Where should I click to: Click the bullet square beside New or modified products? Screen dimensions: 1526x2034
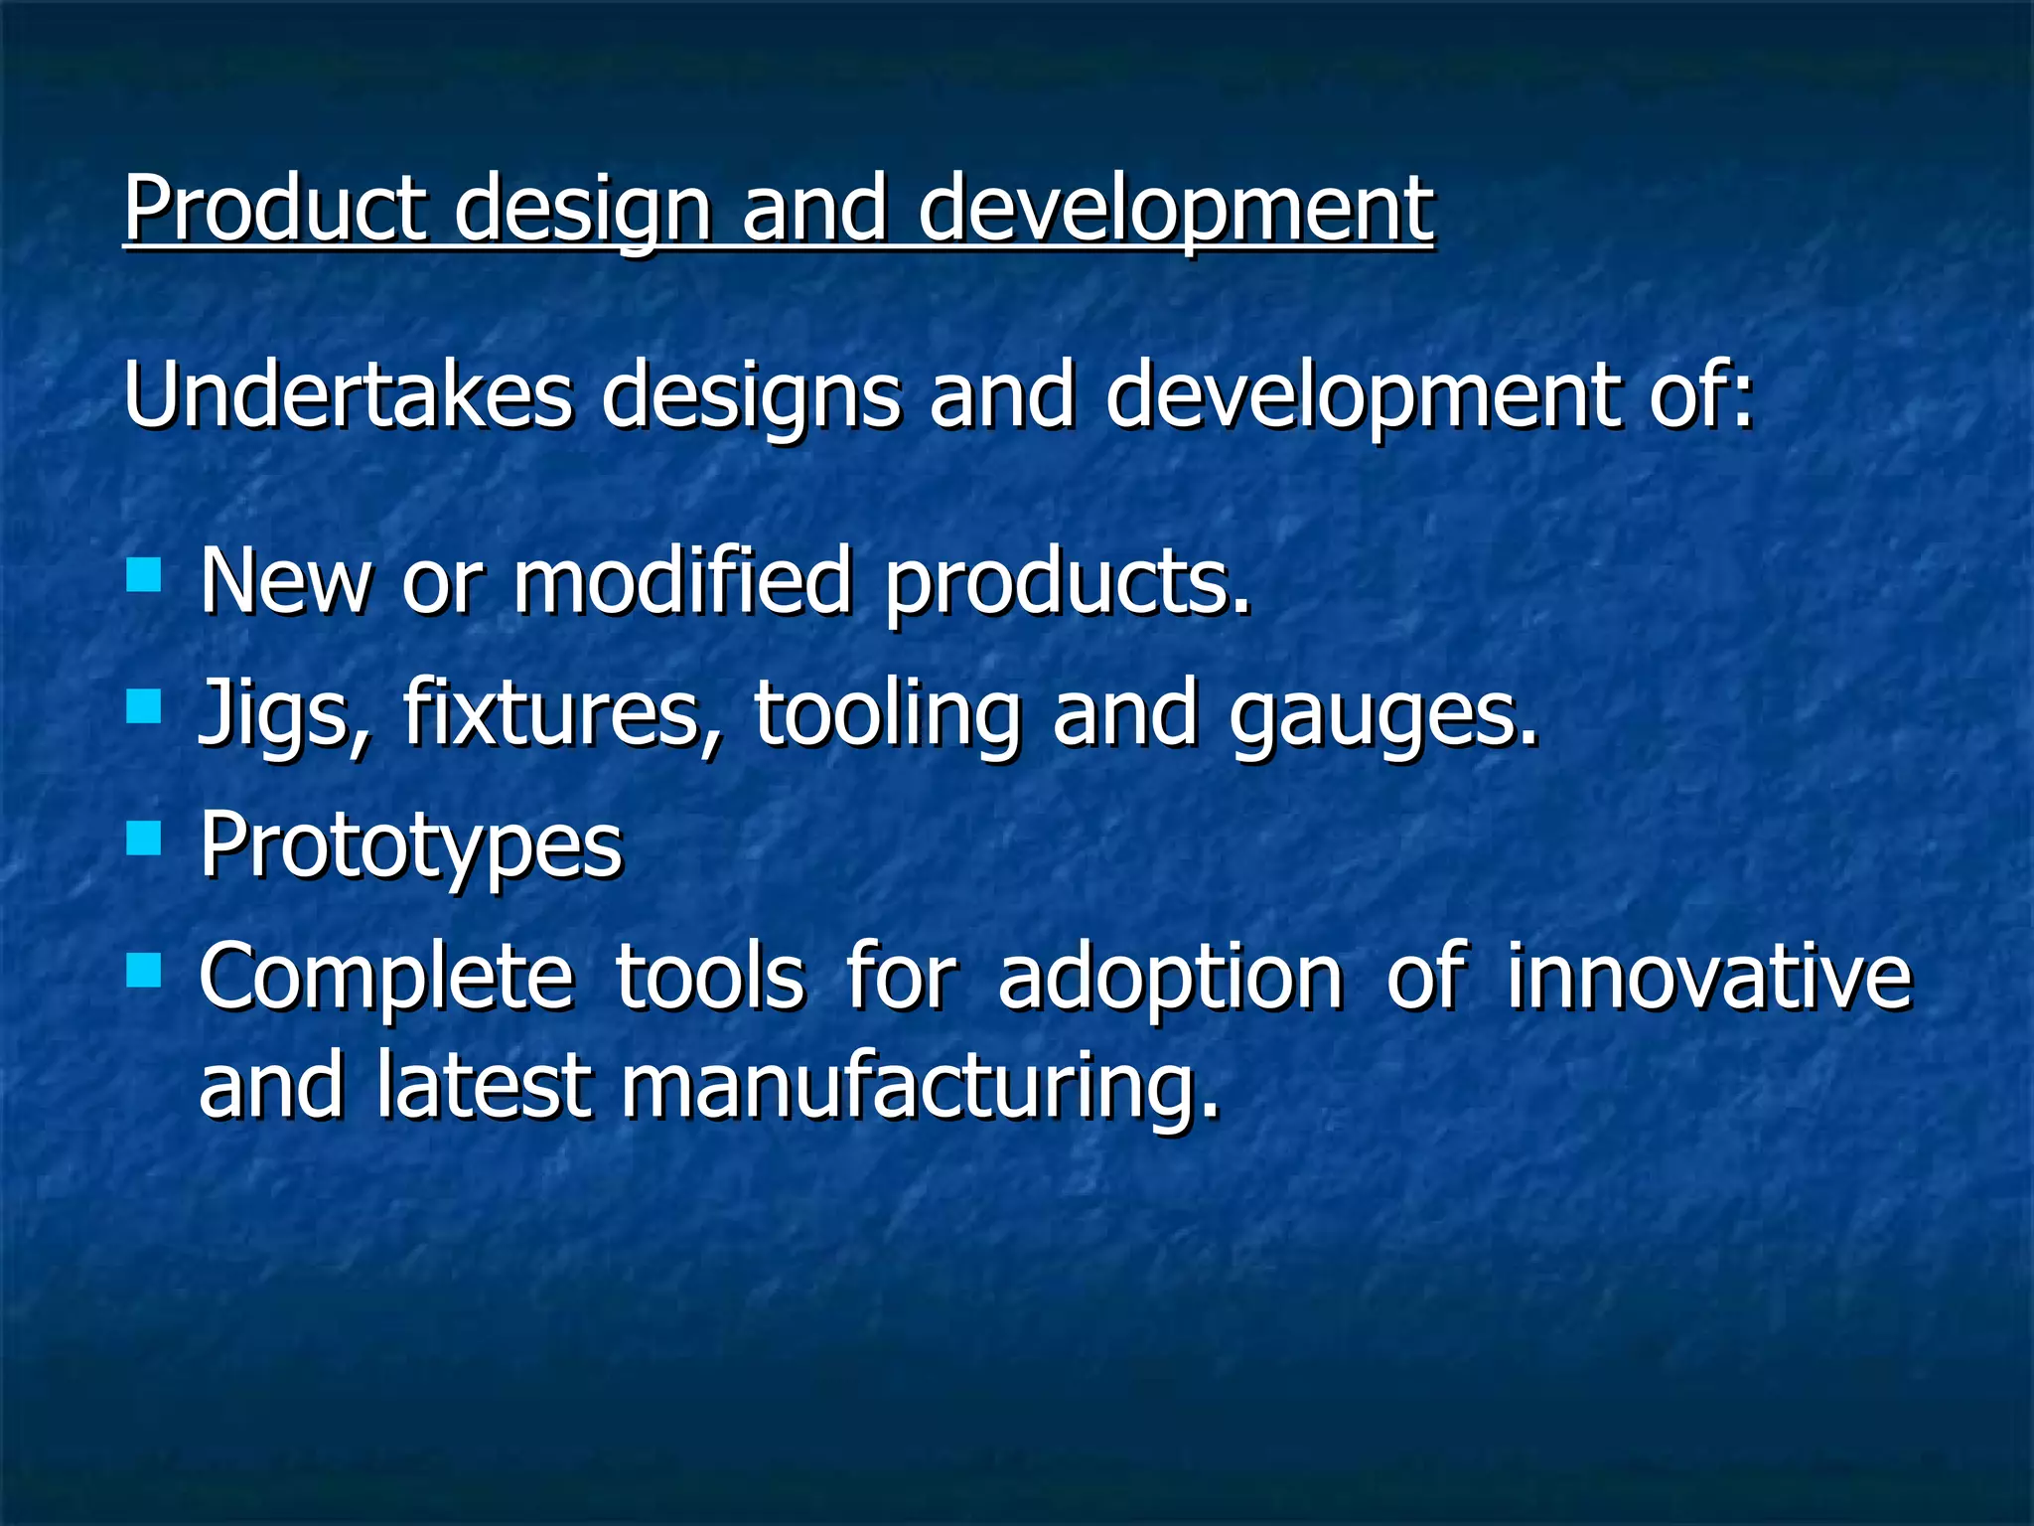click(144, 574)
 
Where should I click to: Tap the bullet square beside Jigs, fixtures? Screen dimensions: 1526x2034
click(144, 706)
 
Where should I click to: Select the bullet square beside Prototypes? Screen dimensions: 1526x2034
click(144, 839)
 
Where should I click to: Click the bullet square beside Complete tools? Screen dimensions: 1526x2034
click(144, 971)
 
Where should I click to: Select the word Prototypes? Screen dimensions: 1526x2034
click(410, 845)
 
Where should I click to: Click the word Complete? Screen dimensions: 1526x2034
click(385, 978)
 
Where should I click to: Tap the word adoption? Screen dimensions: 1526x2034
click(1170, 978)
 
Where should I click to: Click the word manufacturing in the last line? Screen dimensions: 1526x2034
click(919, 1085)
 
